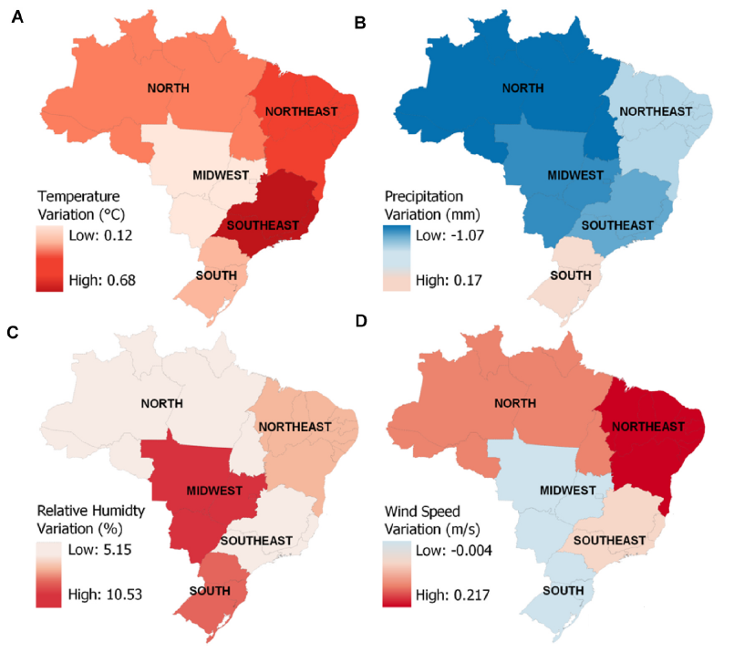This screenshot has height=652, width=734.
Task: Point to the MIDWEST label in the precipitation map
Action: pos(574,174)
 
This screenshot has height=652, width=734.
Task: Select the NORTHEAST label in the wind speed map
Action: pos(648,426)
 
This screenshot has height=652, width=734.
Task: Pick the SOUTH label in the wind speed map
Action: pos(563,590)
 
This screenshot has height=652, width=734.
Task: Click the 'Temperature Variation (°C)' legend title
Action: pos(79,204)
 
